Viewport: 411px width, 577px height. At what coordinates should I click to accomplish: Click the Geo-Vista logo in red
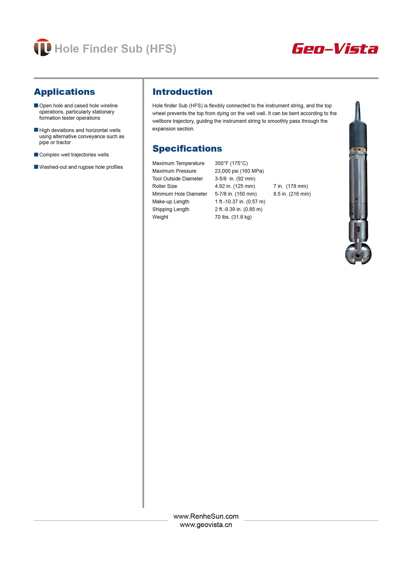(335, 49)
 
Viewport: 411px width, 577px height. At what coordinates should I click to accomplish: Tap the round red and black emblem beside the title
(42, 47)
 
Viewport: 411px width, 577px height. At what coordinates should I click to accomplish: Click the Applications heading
(65, 92)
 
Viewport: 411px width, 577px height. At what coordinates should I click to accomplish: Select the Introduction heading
(182, 92)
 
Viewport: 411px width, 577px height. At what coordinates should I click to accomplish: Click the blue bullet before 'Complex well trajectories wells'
(36, 154)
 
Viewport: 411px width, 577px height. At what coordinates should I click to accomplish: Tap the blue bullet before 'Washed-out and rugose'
(36, 167)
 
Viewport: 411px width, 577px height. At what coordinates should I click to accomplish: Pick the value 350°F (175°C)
(231, 163)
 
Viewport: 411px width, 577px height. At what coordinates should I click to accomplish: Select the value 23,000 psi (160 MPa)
(239, 171)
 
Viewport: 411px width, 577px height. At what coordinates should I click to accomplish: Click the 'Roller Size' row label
(165, 186)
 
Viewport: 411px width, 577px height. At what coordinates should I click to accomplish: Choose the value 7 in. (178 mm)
(291, 186)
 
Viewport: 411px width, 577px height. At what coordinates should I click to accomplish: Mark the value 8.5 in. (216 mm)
(292, 194)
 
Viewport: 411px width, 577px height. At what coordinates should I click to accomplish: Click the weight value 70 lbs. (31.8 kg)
(233, 217)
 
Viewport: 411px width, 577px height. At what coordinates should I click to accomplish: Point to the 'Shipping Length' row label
(170, 209)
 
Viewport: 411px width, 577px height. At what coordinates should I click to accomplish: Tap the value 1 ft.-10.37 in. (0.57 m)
(240, 202)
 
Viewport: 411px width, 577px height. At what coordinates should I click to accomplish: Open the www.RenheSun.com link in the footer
(206, 516)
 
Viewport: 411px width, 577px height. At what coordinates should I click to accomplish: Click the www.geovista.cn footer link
(206, 525)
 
